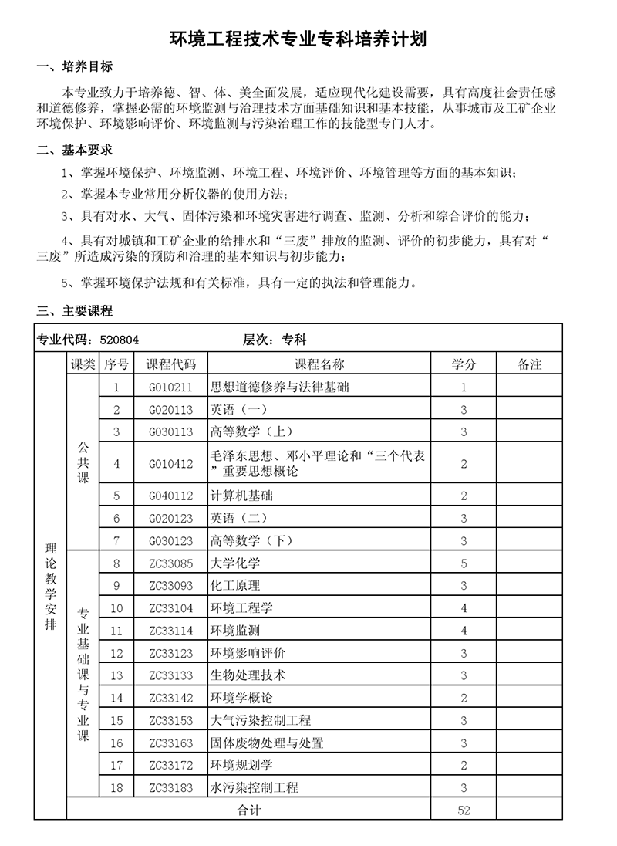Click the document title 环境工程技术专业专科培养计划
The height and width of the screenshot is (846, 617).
pyautogui.click(x=308, y=39)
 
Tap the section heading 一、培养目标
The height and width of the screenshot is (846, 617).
pyautogui.click(x=75, y=68)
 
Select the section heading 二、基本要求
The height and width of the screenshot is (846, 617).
pyautogui.click(x=75, y=150)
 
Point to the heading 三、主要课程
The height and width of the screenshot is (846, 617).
pyautogui.click(x=75, y=311)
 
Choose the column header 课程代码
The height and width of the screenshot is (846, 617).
pyautogui.click(x=171, y=364)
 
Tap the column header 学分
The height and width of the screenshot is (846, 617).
pyautogui.click(x=464, y=364)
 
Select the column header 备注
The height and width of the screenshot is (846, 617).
pyautogui.click(x=530, y=364)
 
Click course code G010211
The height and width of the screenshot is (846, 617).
pyautogui.click(x=171, y=387)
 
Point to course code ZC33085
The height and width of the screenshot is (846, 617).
pyautogui.click(x=171, y=563)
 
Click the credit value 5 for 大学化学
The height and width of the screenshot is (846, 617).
pyautogui.click(x=464, y=563)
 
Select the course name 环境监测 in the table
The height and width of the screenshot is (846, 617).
pyautogui.click(x=235, y=631)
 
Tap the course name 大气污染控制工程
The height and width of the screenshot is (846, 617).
pyautogui.click(x=260, y=720)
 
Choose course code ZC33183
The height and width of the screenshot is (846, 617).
pyautogui.click(x=171, y=788)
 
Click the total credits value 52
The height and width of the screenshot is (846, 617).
pyautogui.click(x=464, y=810)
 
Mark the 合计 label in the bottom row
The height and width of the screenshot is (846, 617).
pyautogui.click(x=248, y=810)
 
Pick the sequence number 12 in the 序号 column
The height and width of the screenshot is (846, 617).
pyautogui.click(x=116, y=653)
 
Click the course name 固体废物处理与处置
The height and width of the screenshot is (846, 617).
pyautogui.click(x=266, y=743)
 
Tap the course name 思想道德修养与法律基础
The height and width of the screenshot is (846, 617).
pyautogui.click(x=279, y=387)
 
